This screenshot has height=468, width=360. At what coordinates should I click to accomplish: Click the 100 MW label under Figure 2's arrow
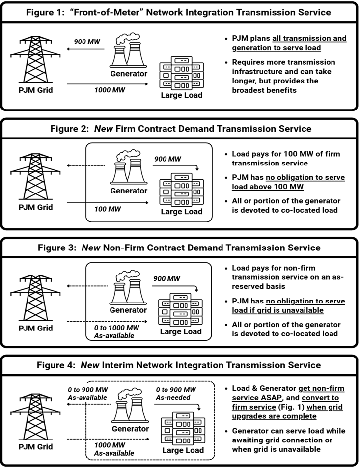coord(103,209)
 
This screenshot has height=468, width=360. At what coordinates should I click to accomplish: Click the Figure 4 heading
coord(180,365)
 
